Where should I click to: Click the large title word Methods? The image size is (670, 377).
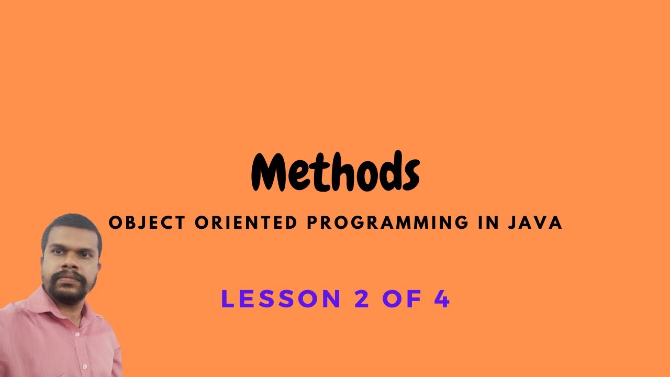tap(335, 172)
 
